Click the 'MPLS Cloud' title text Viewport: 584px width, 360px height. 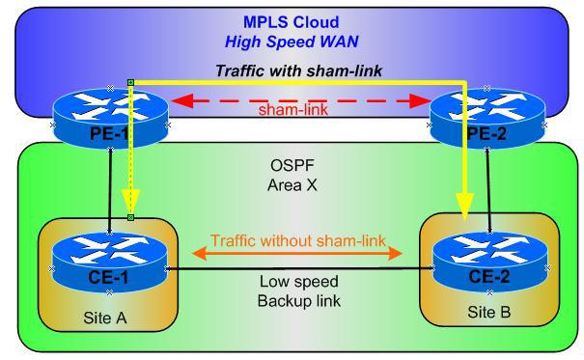[x=293, y=20]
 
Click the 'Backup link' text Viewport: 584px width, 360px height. [x=293, y=301]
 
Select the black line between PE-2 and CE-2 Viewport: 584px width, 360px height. [x=495, y=183]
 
